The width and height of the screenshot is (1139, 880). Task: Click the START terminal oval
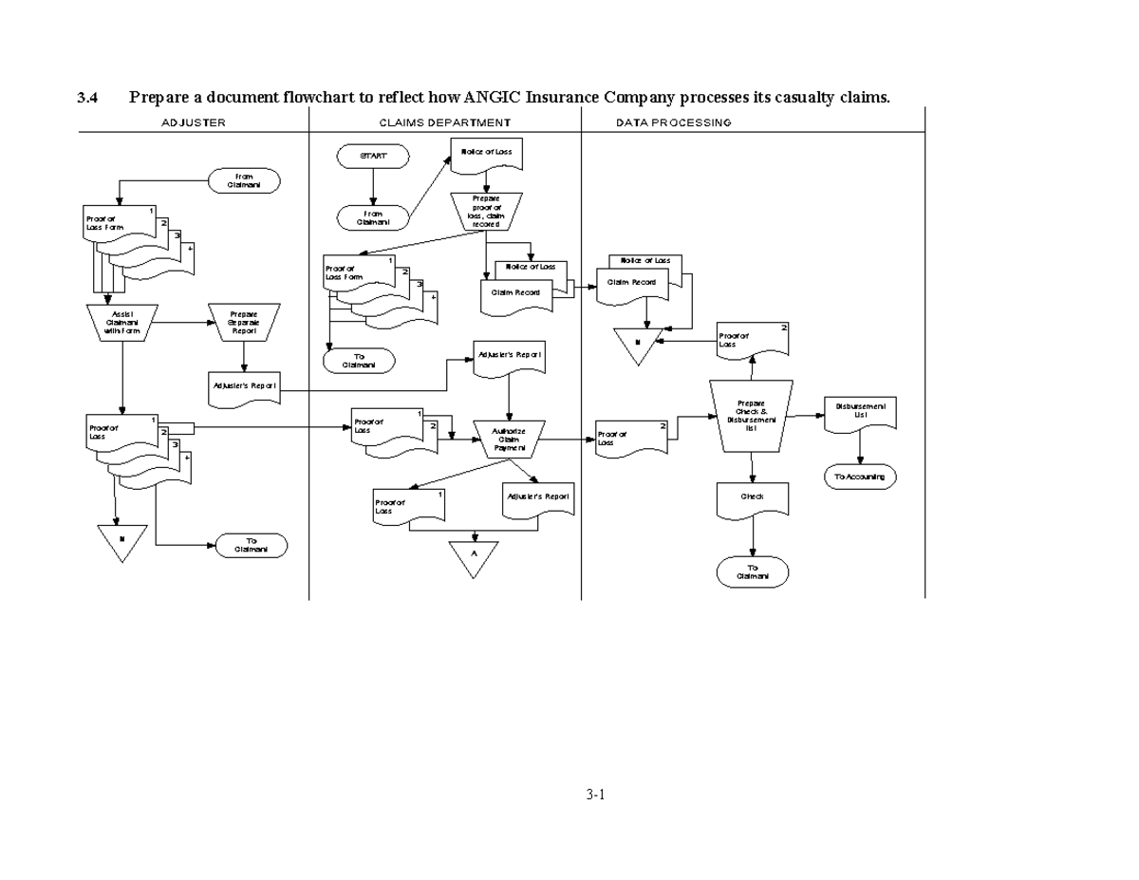[373, 157]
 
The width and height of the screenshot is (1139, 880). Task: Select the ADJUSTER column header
[194, 122]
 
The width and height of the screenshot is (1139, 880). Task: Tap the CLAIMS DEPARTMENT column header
[444, 122]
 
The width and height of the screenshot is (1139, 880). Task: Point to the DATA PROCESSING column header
[673, 122]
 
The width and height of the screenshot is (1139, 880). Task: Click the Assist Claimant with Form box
[121, 321]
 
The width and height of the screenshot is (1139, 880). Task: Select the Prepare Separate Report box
[244, 321]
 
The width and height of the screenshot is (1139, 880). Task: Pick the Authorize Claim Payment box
[510, 439]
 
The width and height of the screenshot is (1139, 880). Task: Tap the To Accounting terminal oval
[860, 477]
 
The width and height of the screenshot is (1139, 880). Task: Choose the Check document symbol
[753, 498]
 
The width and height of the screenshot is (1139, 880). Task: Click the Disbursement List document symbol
[860, 413]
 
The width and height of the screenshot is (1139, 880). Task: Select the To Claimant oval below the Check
[753, 571]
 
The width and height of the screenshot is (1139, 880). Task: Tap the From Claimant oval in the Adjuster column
[244, 180]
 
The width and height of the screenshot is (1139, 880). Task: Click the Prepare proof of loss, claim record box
[485, 211]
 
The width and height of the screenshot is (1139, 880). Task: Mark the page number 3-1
[595, 795]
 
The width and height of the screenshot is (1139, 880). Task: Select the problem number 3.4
[87, 97]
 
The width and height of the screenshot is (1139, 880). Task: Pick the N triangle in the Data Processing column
[638, 344]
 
